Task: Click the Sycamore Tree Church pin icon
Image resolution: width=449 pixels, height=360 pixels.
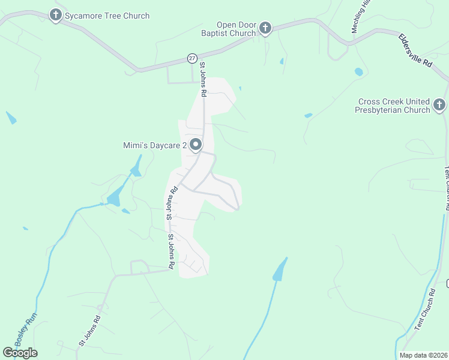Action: pos(56,15)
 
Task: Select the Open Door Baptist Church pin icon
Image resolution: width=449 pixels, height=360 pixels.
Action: pos(265,28)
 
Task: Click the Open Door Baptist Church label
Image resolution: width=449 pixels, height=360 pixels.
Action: pos(236,29)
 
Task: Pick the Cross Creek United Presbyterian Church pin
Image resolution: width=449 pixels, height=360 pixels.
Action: pos(439,106)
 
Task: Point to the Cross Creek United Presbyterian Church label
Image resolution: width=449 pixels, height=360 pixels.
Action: pos(393,106)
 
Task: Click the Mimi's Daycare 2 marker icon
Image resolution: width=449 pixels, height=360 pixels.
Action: pos(196,145)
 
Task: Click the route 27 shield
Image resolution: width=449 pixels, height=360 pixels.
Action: pos(191,58)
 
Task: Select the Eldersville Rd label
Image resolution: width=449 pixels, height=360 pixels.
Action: pos(415,50)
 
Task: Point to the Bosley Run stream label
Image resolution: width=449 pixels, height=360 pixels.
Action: pos(26,328)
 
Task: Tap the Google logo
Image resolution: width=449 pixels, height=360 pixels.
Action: pos(20,353)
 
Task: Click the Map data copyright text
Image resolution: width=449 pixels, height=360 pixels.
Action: pos(424,355)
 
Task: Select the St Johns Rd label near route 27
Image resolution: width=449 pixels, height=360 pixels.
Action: pos(203,79)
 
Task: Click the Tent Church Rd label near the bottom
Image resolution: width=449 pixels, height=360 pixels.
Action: pos(425,309)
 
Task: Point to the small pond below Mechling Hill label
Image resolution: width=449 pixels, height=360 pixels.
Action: pos(359,72)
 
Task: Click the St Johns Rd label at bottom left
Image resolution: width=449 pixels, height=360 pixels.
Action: pos(89,330)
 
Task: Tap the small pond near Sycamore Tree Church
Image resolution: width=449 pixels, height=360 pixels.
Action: pos(11,118)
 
